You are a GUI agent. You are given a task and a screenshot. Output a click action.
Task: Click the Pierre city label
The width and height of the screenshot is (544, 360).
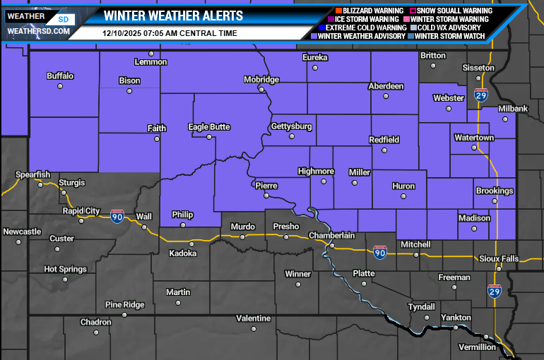point(266,186)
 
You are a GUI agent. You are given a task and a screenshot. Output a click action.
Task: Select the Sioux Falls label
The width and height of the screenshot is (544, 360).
point(499,259)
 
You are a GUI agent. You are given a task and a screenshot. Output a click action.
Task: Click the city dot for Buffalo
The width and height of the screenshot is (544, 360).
point(60,86)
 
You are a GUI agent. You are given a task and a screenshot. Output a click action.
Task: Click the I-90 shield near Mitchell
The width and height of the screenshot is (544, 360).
point(380,252)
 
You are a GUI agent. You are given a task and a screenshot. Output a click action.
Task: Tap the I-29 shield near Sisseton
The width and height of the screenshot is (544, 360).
point(481,95)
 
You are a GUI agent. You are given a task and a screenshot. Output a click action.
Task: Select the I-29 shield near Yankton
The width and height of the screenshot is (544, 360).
point(494,291)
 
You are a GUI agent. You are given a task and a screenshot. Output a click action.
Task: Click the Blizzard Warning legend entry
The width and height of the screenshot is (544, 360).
point(364,11)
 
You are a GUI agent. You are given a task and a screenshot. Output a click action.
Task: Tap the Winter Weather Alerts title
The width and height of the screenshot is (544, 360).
point(173,16)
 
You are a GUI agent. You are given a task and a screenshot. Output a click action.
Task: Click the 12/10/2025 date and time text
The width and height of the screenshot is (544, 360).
point(170,33)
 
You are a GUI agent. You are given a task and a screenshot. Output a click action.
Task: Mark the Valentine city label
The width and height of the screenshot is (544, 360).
point(253,318)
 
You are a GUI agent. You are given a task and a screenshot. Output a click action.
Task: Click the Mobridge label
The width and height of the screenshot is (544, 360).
point(261,80)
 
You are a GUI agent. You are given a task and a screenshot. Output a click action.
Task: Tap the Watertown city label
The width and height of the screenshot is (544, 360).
point(474,138)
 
